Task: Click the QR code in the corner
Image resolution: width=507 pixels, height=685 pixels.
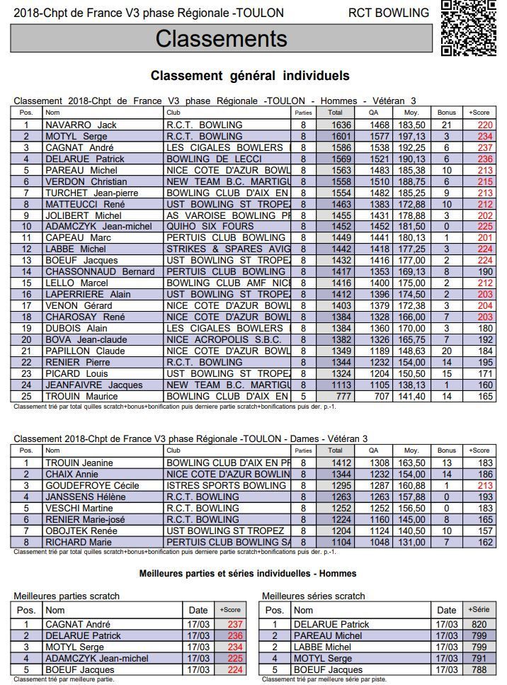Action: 469,28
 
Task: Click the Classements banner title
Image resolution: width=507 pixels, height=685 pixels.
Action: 221,38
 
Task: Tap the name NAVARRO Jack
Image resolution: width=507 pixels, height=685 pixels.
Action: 81,125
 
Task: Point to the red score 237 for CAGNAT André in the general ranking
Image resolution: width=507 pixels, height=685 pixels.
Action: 485,147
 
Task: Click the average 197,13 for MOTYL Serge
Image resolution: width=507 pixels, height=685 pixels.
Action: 411,136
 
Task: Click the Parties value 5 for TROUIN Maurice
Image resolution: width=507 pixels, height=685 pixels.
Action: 303,397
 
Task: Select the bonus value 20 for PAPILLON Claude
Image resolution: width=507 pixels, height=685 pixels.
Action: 447,351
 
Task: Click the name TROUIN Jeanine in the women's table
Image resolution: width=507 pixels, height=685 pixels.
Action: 79,463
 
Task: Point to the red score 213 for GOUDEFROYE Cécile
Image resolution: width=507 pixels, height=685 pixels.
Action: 485,486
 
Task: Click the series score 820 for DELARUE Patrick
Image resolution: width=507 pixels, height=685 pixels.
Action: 479,625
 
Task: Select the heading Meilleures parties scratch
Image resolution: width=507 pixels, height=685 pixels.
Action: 67,596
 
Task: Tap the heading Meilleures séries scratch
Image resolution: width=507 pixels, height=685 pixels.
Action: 314,596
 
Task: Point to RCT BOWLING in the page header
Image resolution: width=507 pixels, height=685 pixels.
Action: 389,13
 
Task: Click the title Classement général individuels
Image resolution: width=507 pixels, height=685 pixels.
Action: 250,76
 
